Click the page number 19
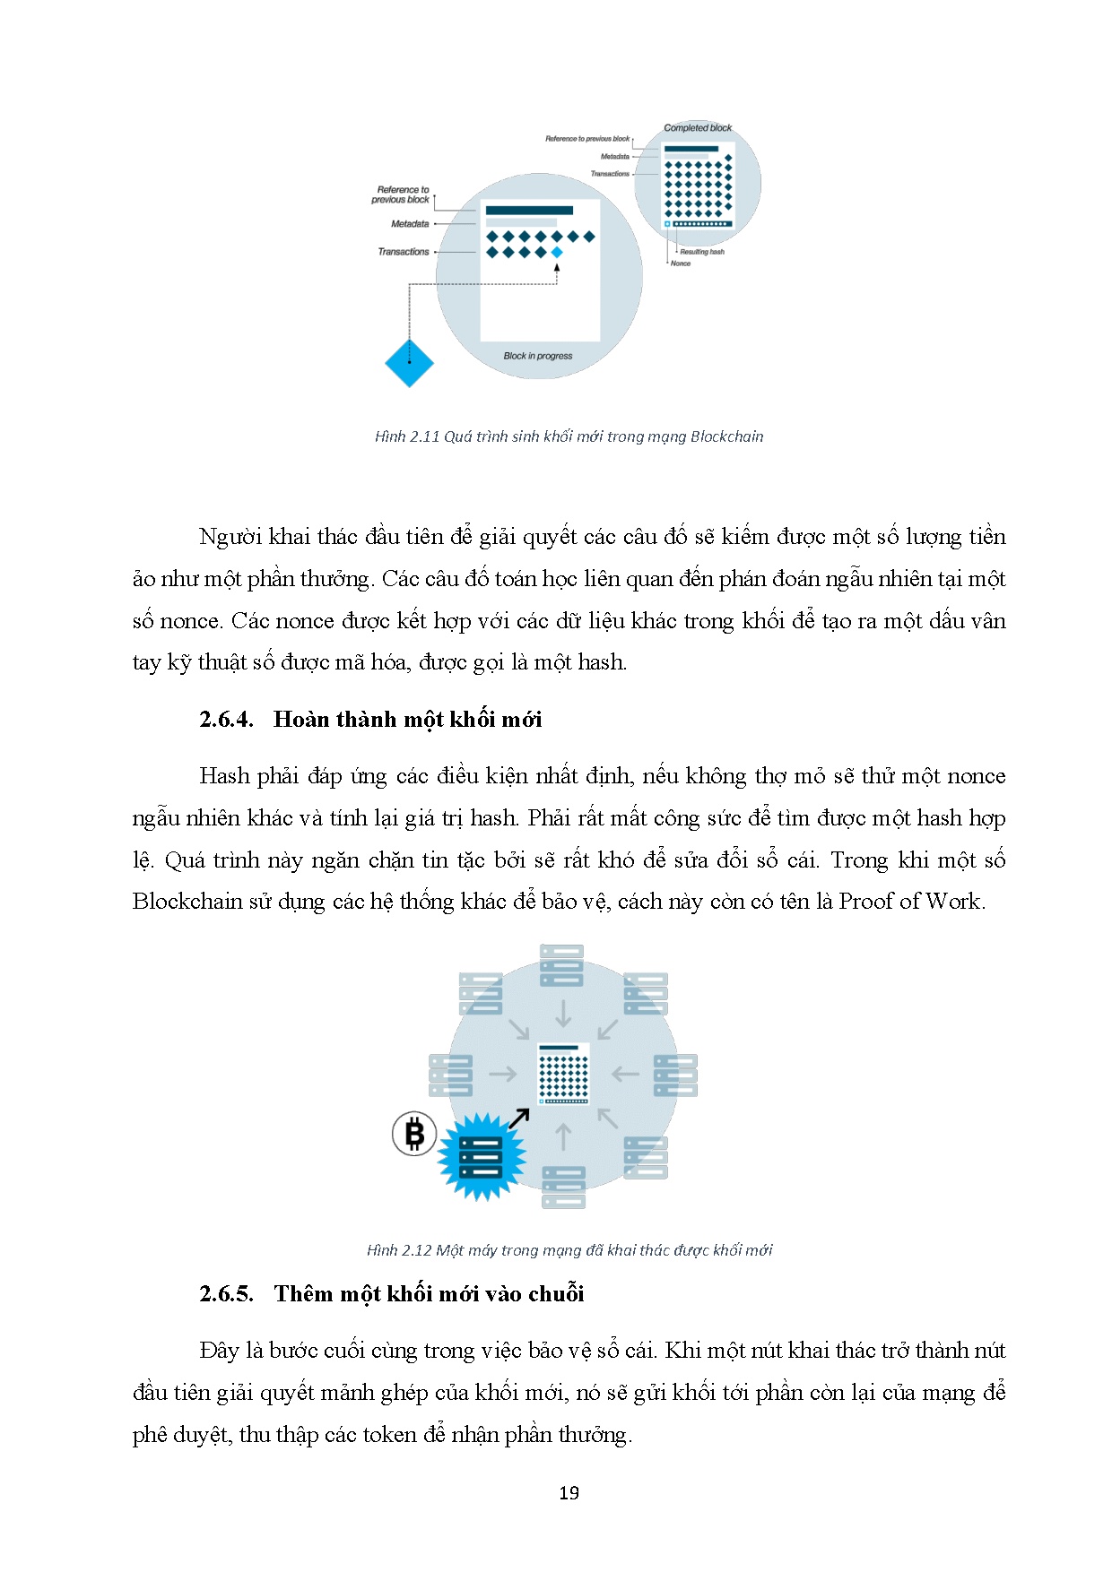(569, 1493)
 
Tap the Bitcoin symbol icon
(414, 1134)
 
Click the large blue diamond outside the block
(409, 362)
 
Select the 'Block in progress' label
(538, 356)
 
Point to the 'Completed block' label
(698, 128)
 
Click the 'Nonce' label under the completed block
(681, 263)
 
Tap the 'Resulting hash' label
(701, 252)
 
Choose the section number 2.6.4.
(226, 720)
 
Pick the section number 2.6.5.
(226, 1294)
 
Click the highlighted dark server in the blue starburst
(481, 1156)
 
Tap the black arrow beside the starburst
(519, 1119)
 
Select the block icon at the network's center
(563, 1074)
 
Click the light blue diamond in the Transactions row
(557, 253)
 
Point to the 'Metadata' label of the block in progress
(410, 224)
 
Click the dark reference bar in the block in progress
(529, 211)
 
